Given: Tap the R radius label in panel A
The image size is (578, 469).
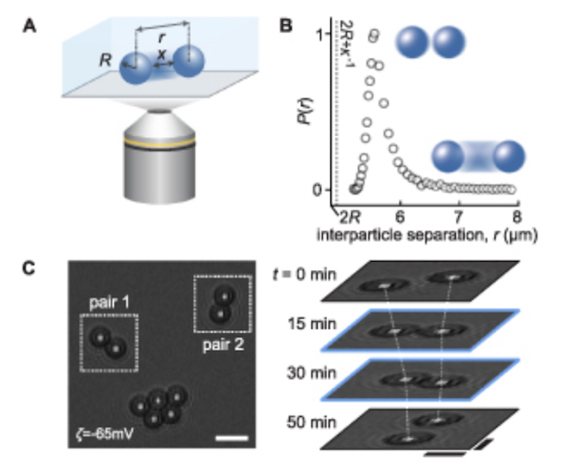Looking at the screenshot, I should point(105,59).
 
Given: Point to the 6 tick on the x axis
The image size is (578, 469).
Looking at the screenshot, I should point(400,217).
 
